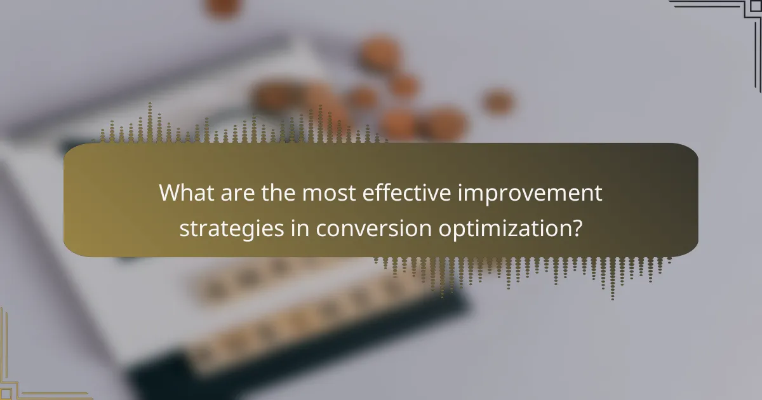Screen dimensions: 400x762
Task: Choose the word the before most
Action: pyautogui.click(x=276, y=192)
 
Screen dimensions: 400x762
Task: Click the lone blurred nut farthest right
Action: pyautogui.click(x=498, y=102)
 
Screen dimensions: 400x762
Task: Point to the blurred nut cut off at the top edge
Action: pyautogui.click(x=223, y=6)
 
